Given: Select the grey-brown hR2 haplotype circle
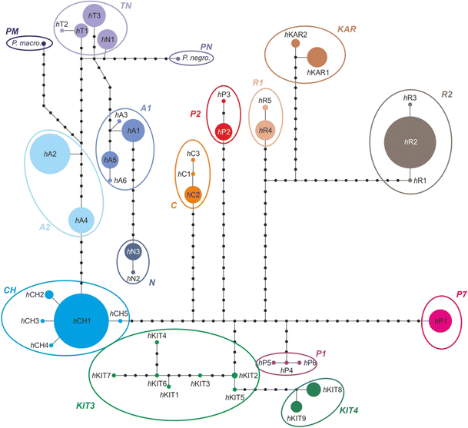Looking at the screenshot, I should (411, 143).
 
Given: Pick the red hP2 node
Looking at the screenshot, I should (224, 131).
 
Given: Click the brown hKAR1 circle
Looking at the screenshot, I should (317, 58).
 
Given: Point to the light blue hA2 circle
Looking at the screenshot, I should (50, 155).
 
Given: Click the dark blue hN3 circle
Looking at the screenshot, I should (134, 251).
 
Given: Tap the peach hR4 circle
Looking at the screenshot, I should (265, 130).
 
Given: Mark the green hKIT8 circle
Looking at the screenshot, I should (314, 390).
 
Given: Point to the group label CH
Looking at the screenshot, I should (10, 290).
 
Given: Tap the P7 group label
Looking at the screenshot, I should (460, 294).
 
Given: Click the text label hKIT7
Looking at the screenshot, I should (101, 375).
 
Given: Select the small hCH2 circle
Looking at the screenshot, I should (49, 295).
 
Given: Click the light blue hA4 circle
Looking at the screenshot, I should (81, 221).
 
